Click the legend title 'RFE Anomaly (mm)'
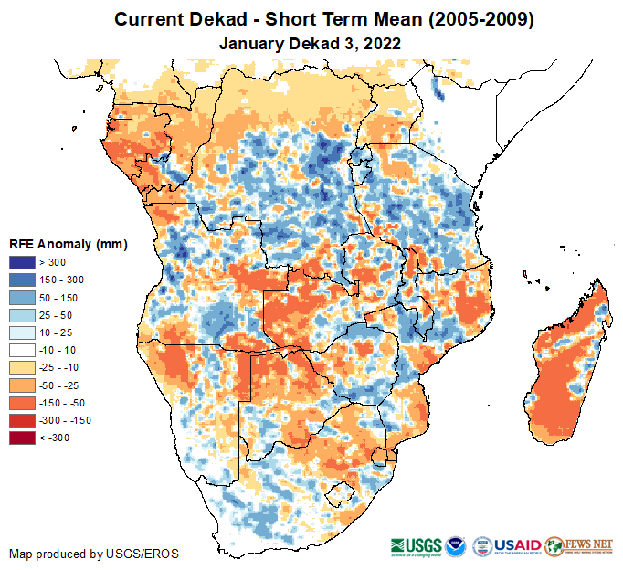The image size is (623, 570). (x=69, y=245)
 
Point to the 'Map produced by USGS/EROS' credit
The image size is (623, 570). (x=94, y=554)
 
